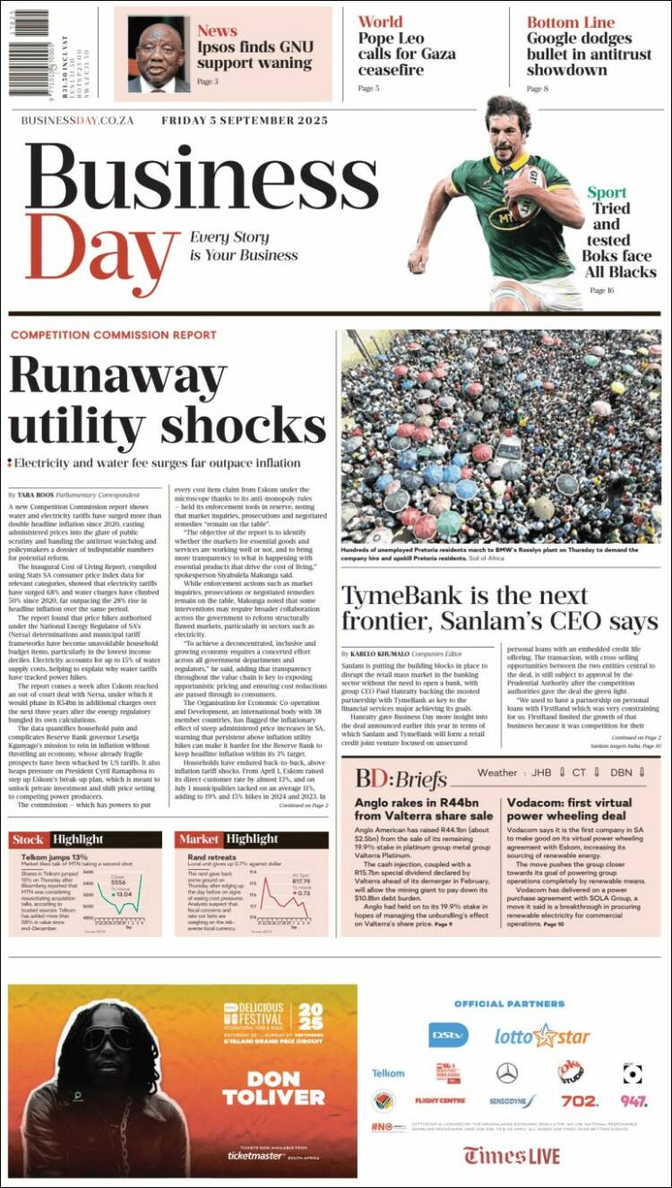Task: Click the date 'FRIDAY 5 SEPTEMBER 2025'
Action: [x=245, y=121]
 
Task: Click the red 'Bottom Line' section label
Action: [x=571, y=22]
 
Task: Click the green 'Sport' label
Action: [x=607, y=192]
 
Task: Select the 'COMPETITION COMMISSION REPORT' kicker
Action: [x=113, y=335]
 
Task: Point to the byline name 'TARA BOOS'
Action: [x=36, y=495]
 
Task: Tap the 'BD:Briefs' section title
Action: [x=401, y=778]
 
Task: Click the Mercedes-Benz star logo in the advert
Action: [x=507, y=1072]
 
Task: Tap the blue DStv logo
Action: [x=448, y=1035]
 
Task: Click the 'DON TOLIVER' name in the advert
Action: [x=261, y=1088]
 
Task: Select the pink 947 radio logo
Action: [x=633, y=1100]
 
